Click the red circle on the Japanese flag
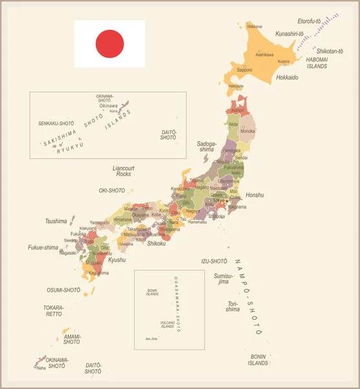click(x=109, y=43)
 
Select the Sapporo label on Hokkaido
click(x=244, y=69)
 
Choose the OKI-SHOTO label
click(x=112, y=191)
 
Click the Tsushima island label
click(x=56, y=221)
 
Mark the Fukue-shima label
click(x=43, y=247)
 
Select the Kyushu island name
click(x=117, y=260)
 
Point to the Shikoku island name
click(x=158, y=243)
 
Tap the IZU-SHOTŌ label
click(x=214, y=261)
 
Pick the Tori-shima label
click(x=232, y=306)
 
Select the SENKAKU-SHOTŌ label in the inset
click(x=56, y=123)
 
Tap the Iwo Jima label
click(x=151, y=338)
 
